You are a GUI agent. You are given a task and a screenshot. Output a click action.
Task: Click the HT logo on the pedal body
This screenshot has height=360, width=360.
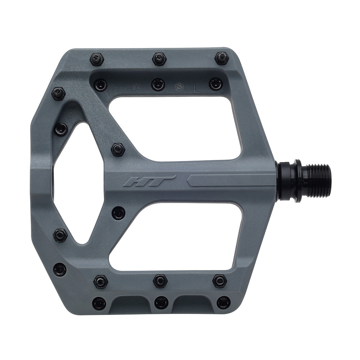point(149,180)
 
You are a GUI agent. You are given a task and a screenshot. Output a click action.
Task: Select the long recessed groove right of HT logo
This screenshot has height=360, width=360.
point(230,180)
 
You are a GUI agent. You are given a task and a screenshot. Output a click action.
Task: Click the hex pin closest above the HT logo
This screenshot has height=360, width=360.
point(118,149)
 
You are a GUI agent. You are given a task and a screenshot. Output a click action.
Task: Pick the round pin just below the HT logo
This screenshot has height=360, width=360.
point(118,213)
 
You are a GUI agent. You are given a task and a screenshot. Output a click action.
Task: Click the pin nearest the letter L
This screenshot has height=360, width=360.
point(216,84)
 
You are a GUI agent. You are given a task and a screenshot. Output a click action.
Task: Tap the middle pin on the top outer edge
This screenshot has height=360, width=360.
point(159,59)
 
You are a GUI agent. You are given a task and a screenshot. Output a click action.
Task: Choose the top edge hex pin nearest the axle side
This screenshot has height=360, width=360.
point(221,58)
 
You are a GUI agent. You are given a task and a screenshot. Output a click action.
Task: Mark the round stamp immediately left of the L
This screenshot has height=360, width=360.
point(179,87)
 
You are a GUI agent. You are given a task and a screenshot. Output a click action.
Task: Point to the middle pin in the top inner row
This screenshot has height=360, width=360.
point(158,85)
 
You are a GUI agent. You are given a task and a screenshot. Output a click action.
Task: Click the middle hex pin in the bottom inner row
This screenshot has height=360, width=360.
point(160,281)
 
